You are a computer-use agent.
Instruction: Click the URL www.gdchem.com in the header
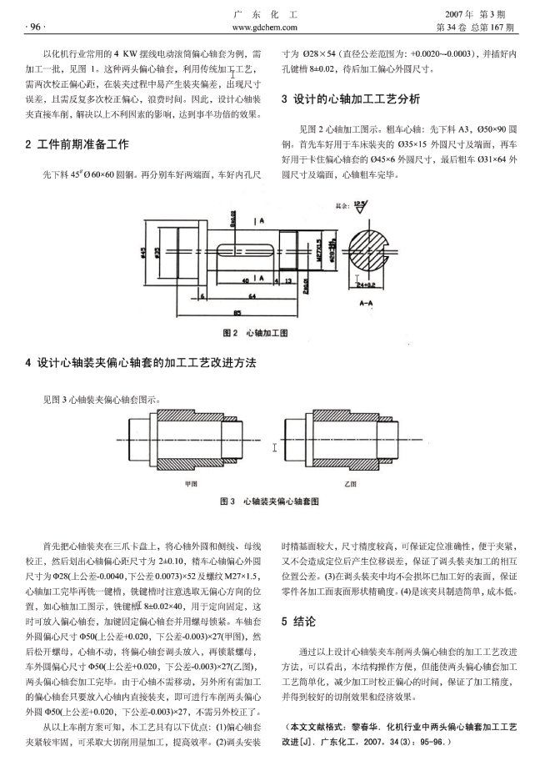(273, 27)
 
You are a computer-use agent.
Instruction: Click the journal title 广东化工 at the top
(272, 13)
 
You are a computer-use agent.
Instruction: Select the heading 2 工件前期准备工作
(77, 144)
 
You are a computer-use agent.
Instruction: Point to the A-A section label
(366, 305)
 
